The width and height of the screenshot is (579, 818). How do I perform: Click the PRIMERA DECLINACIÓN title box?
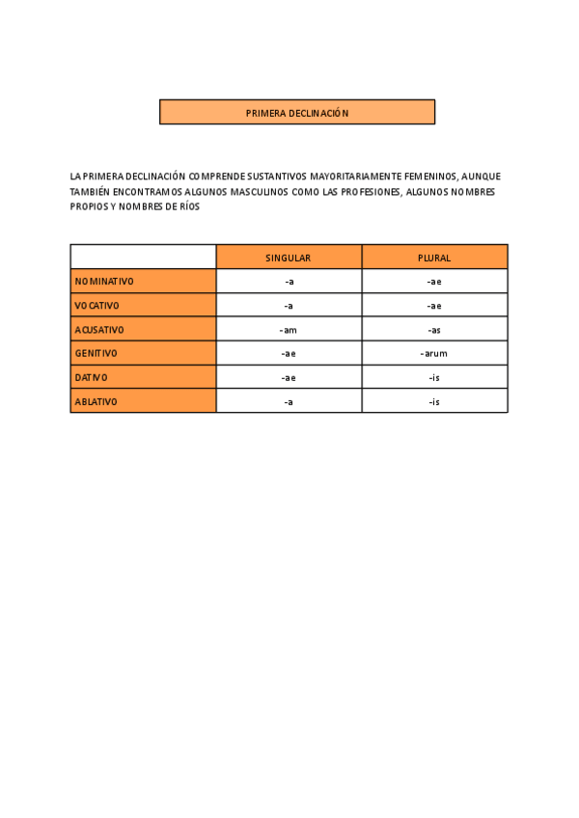(296, 113)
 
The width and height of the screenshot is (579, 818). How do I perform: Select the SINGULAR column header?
(289, 258)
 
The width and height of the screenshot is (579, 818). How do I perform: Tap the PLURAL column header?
(434, 258)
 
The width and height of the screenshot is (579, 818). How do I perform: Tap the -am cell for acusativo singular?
(289, 330)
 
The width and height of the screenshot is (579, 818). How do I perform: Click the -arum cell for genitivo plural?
(434, 353)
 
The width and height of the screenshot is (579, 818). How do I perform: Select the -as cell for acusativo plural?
(434, 330)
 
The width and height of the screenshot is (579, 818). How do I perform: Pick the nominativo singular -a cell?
(289, 282)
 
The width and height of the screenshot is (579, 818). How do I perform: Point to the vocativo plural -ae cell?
(434, 306)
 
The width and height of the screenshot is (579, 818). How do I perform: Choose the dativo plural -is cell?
(434, 377)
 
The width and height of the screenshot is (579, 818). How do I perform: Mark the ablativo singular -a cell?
(289, 401)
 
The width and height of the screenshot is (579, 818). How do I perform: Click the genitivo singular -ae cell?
(289, 353)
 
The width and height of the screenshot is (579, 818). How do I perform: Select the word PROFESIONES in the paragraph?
(368, 192)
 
